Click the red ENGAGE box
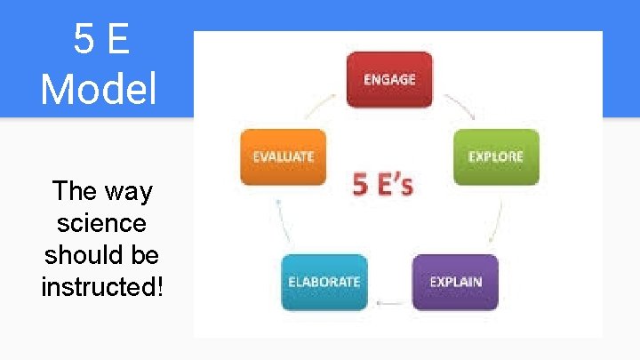(389, 79)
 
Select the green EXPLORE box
(496, 156)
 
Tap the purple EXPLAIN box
(455, 282)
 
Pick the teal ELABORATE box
(324, 282)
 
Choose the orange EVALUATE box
(283, 156)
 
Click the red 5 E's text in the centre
(383, 184)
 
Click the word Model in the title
(98, 89)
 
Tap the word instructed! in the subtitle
(102, 287)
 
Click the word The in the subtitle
(75, 191)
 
